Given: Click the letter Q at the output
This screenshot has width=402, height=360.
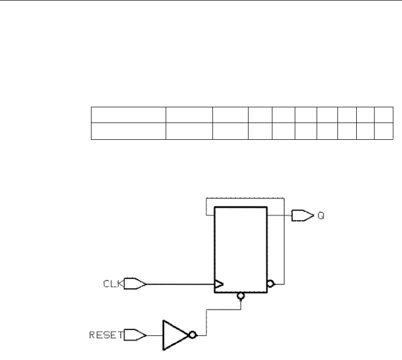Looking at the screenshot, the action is [x=321, y=216].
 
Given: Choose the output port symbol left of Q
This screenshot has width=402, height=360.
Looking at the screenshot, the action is [x=301, y=216].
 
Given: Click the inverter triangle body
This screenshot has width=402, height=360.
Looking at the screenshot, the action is [x=174, y=335].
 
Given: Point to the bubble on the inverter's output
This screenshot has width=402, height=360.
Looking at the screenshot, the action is [x=193, y=335].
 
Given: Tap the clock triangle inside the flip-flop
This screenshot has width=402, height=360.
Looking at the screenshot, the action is [x=219, y=285].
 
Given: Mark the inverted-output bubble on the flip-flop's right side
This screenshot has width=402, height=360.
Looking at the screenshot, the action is [x=271, y=283].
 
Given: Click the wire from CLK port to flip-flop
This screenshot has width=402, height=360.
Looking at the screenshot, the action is [x=180, y=284].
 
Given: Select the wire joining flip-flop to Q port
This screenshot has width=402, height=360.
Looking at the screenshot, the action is [x=279, y=215].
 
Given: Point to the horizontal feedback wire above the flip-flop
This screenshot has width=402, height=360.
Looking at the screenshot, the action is [x=244, y=197].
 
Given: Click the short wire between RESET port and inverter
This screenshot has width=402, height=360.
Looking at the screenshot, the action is [x=154, y=335].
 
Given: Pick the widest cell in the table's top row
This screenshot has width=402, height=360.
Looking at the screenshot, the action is [x=129, y=115].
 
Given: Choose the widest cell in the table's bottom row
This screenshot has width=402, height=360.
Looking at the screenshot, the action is [x=129, y=131].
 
